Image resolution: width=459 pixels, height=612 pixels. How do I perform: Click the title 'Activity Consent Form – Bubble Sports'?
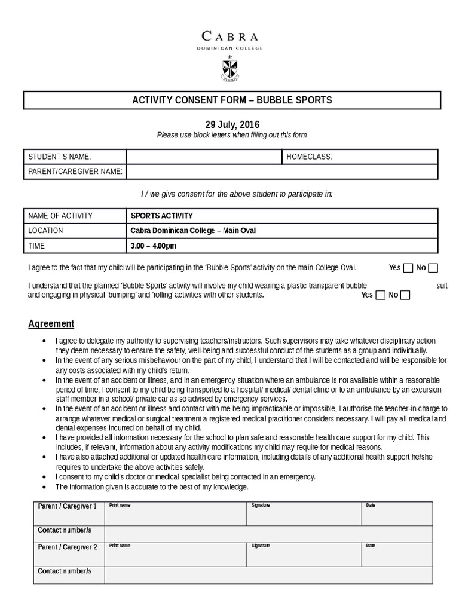232,100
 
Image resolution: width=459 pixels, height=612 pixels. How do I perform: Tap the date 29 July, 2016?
232,125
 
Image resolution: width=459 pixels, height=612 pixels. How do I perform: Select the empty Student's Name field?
203,157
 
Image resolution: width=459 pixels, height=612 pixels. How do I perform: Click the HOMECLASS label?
309,157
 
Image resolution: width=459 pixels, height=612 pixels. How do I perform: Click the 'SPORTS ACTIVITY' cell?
161,216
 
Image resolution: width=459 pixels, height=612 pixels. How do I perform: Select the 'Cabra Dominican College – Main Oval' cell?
192,231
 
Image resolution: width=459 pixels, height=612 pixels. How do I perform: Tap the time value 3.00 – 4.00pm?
154,246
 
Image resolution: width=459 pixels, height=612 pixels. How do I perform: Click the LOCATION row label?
45,231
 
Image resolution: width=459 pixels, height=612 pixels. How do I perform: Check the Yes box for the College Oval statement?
408,268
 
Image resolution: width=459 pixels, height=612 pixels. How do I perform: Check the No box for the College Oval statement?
433,268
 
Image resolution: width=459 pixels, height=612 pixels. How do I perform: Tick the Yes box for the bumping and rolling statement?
380,295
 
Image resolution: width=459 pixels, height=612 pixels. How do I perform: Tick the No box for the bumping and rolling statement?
405,295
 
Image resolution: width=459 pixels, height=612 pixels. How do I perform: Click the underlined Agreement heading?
51,324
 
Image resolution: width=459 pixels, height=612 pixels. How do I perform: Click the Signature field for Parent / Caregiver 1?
304,514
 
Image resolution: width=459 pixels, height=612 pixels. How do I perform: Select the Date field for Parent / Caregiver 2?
397,555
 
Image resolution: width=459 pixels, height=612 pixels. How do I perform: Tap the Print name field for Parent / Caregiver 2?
176,555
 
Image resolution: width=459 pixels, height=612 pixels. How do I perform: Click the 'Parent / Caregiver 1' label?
68,506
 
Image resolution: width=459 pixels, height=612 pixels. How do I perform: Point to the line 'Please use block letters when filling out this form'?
232,135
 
